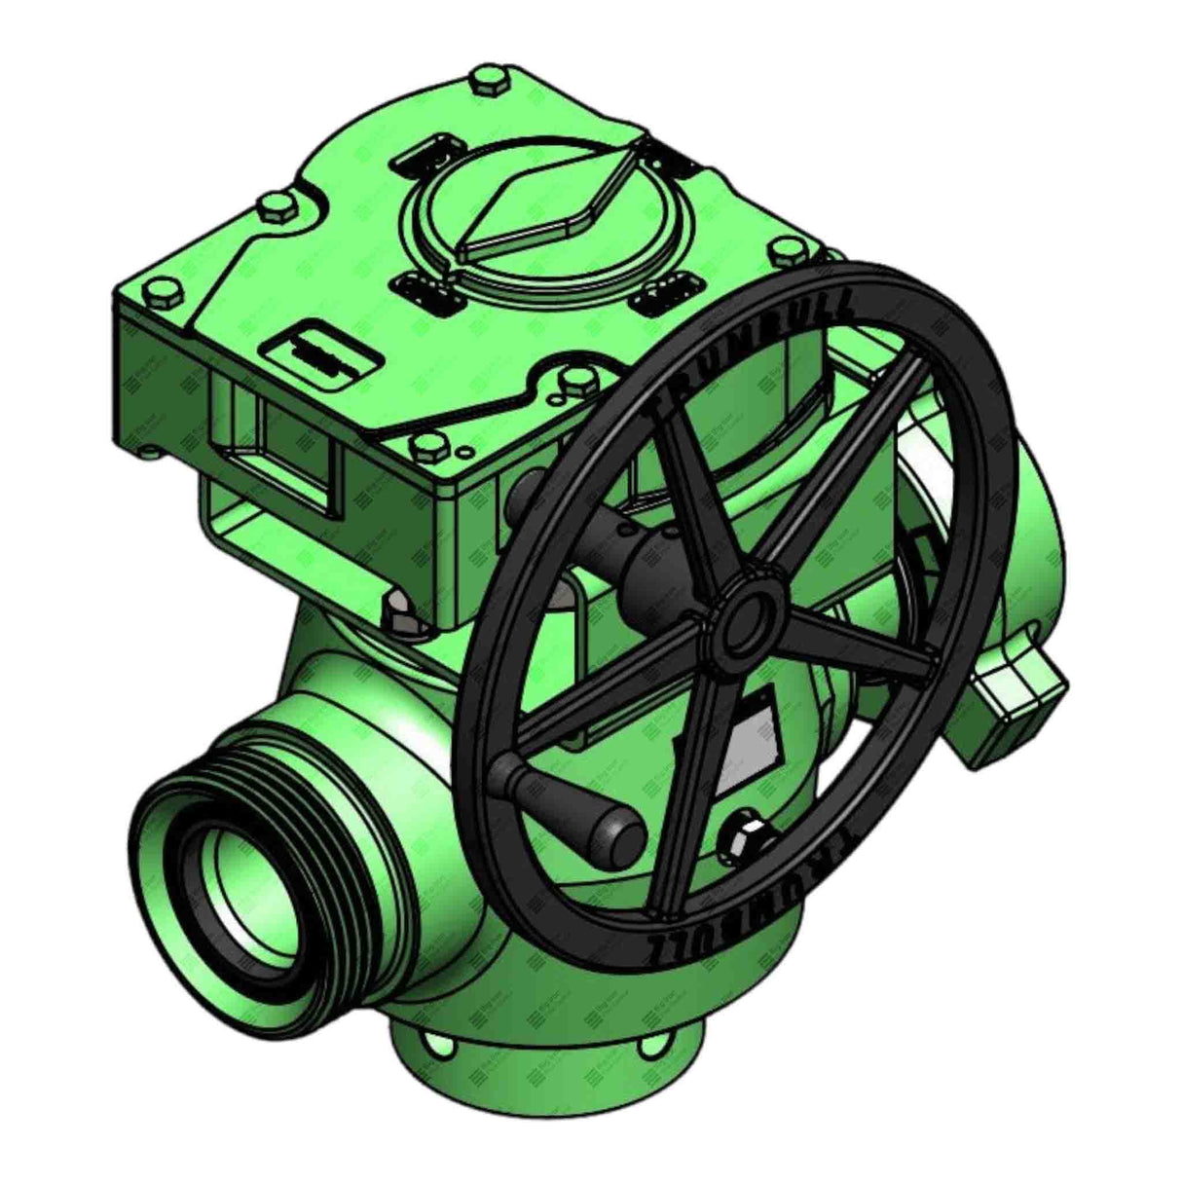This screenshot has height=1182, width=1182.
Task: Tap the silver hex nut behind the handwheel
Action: point(746,833)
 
